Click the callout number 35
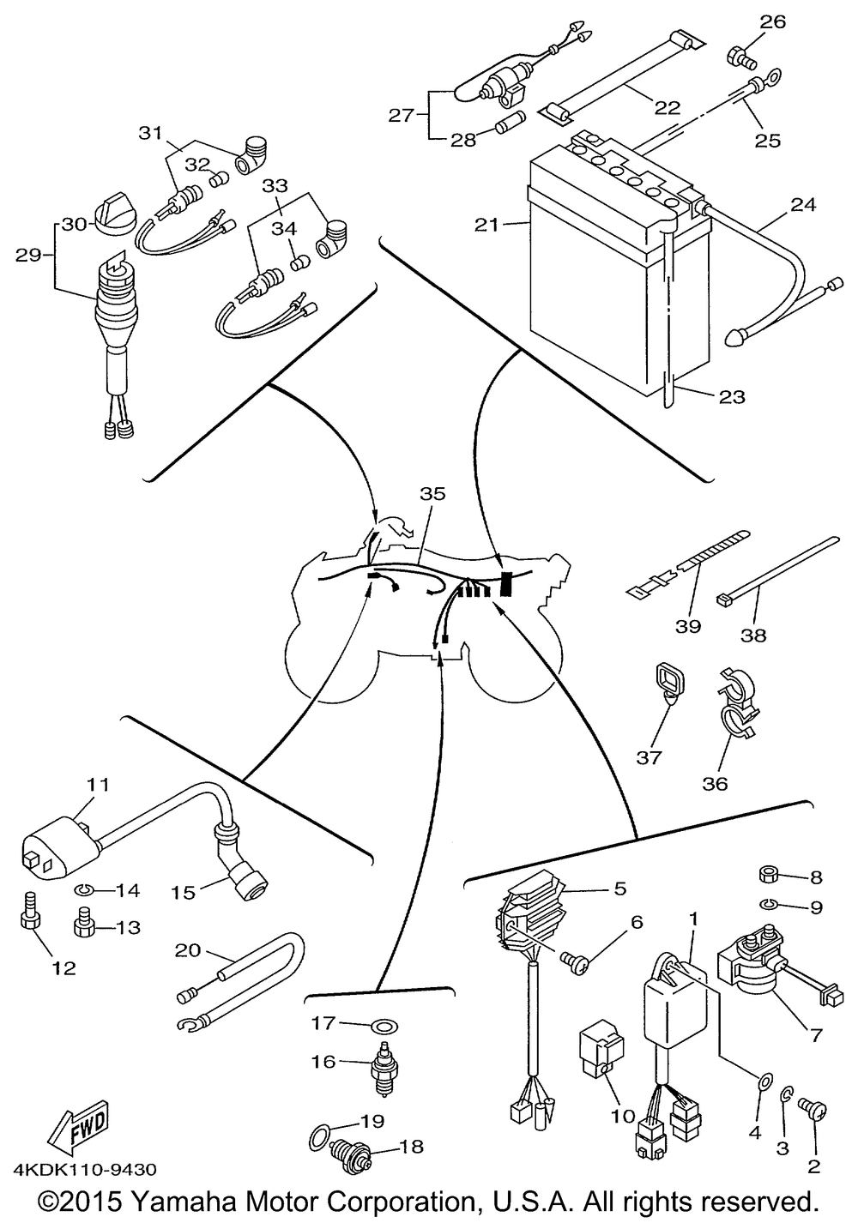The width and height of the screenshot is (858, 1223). [433, 494]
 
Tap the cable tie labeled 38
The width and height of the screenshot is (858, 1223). [776, 569]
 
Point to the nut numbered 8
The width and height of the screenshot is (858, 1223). [770, 877]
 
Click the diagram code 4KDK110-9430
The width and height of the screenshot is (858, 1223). [84, 1170]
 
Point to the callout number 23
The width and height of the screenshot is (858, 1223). [732, 397]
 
